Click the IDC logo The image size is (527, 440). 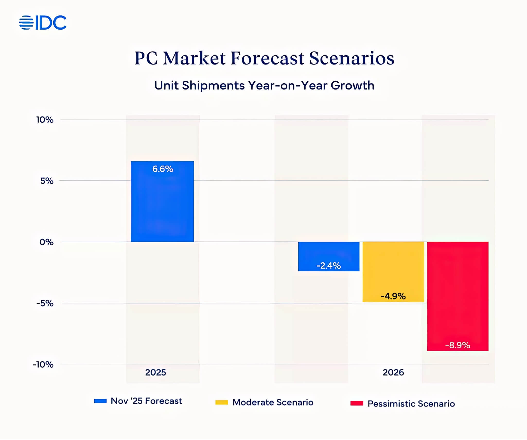coord(43,23)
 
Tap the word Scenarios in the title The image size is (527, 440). coord(352,58)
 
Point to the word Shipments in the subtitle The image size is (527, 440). coord(213,85)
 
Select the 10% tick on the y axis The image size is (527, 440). coord(45,120)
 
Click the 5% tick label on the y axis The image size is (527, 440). coord(47,181)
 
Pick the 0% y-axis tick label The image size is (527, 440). coord(46,242)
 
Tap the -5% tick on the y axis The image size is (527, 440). coord(45,303)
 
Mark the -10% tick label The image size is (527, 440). coord(43,365)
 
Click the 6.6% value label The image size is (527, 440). coord(163,169)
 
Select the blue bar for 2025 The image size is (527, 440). coord(162,206)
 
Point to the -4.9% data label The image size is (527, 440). coord(393,296)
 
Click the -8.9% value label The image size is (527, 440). coord(458,345)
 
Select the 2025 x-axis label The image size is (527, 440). coord(155,372)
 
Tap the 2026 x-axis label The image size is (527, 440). coord(393,372)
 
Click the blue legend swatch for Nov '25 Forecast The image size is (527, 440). coord(100,401)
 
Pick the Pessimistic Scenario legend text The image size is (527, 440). coord(411,404)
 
